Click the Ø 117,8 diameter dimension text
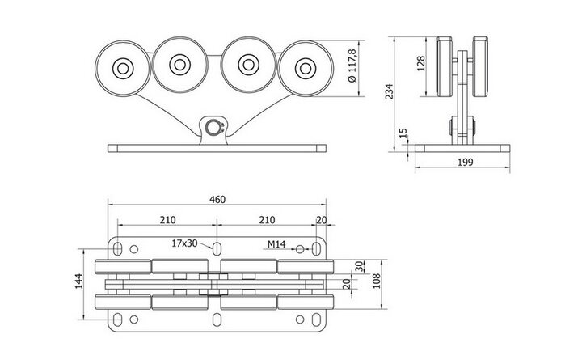352,66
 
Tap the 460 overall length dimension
217,200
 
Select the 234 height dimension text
389,91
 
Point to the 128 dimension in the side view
420,64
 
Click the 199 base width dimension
465,162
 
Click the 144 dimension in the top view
78,281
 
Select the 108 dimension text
376,281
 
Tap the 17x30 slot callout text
184,243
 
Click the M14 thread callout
276,244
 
